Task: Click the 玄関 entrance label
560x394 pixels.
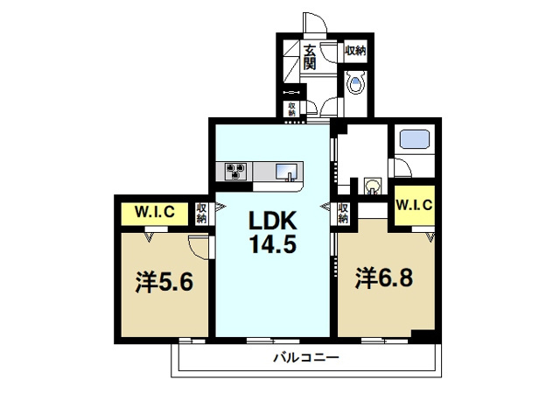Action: pos(310,57)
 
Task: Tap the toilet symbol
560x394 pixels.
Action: pos(356,82)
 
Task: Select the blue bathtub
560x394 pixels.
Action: pos(414,139)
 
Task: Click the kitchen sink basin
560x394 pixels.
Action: pos(286,172)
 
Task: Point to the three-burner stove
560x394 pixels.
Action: pos(235,171)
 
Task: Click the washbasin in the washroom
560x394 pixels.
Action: pos(373,186)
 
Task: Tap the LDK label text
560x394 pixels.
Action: pos(273,221)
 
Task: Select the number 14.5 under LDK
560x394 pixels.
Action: pos(273,244)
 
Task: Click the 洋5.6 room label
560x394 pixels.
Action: pos(164,282)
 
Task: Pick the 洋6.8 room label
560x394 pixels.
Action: pos(384,278)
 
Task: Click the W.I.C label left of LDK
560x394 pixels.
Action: pos(154,212)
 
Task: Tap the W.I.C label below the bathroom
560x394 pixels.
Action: pos(414,205)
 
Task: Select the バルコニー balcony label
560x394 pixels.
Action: pos(306,357)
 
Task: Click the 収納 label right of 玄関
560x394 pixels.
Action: pos(355,51)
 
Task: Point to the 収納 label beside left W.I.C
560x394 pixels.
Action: pos(201,214)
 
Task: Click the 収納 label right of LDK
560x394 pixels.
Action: pos(343,213)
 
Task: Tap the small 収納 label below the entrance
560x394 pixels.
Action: pos(291,109)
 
